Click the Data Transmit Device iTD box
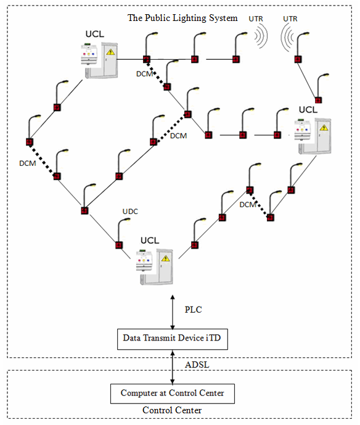[x=172, y=339]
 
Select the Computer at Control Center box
[x=172, y=394]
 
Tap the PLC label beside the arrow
[x=193, y=310]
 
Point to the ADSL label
[x=197, y=365]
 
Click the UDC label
[x=130, y=212]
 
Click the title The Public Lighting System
[x=182, y=18]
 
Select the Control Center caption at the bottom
[x=172, y=410]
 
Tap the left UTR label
[x=256, y=19]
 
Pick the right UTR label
[x=290, y=19]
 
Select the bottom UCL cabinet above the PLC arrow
[x=155, y=266]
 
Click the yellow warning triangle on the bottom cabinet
[x=165, y=258]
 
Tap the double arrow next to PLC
[x=173, y=312]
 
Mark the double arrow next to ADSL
[x=173, y=367]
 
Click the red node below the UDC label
[x=119, y=245]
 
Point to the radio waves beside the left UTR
[x=261, y=36]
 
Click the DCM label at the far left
[x=28, y=163]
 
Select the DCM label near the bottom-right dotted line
[x=248, y=205]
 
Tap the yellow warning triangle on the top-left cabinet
[x=110, y=52]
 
